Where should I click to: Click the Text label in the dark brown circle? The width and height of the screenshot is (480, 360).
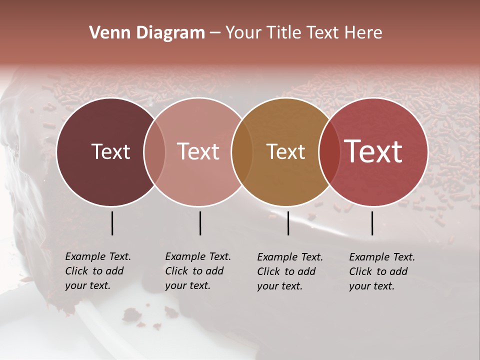coord(110,151)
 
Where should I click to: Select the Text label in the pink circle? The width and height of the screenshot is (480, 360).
coord(198,151)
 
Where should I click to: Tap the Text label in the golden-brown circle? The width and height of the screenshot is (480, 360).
coord(285,151)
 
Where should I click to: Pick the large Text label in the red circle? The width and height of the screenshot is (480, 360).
coord(373,151)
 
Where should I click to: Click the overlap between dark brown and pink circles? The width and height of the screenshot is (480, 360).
coord(154,151)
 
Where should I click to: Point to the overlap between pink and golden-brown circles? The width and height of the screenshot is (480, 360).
coord(242,151)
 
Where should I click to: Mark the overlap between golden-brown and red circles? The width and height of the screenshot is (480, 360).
coord(329,151)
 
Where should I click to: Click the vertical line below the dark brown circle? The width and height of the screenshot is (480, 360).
coord(112,223)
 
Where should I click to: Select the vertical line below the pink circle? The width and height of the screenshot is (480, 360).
coord(200,223)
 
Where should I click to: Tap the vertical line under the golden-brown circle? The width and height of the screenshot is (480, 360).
coord(288,223)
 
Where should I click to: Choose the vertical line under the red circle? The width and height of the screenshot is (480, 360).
coord(372,223)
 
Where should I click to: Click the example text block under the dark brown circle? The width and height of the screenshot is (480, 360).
coord(97,271)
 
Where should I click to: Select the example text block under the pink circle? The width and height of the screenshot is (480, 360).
coord(197,271)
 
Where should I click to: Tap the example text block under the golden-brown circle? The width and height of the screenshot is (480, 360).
coord(289,271)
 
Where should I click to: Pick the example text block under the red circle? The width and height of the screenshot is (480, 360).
coord(381,271)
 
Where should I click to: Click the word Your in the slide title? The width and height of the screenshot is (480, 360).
coord(242,33)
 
